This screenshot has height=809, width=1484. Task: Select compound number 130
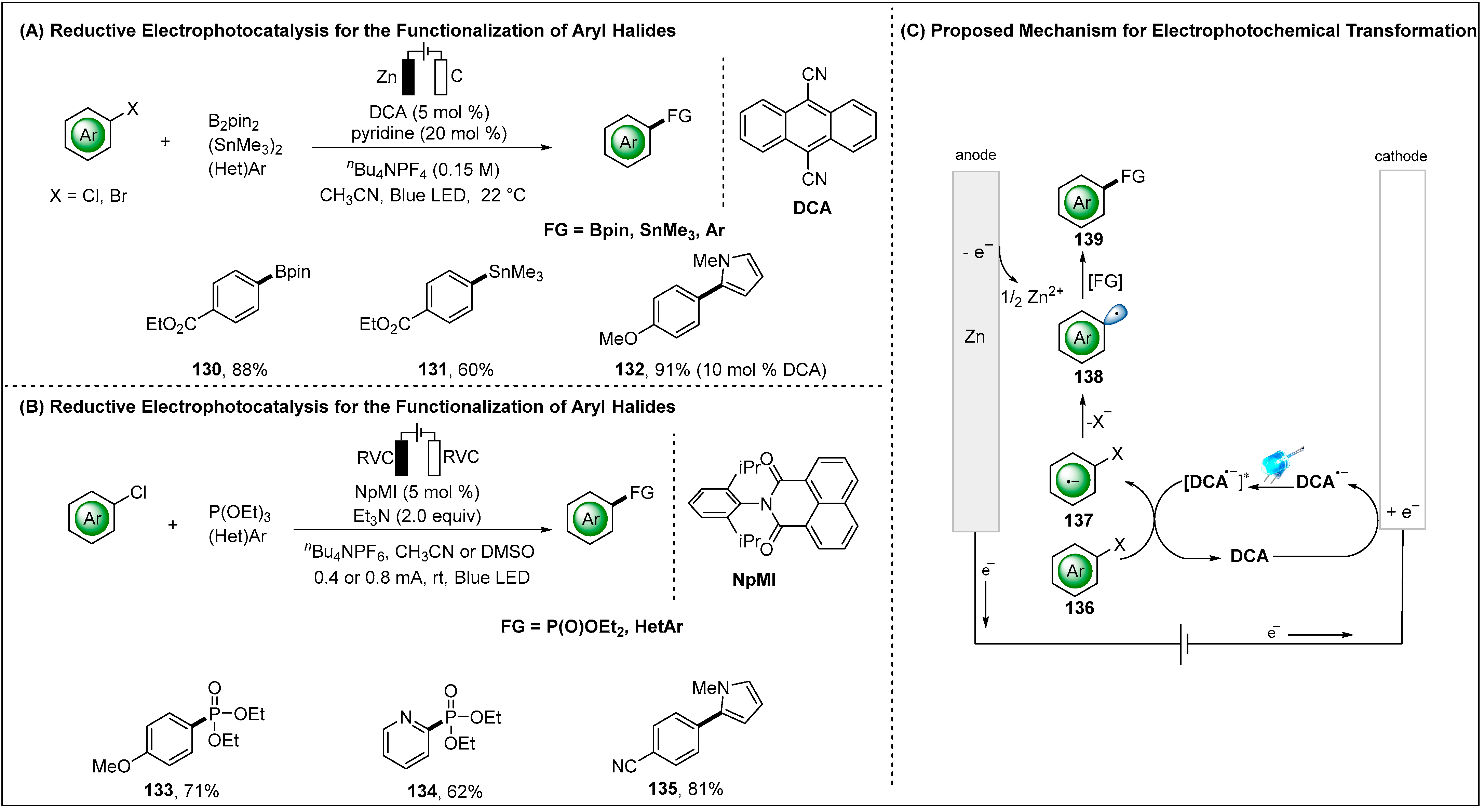[x=206, y=369]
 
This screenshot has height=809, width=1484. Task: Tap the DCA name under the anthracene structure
[x=812, y=208]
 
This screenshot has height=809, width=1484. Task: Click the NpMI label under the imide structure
[x=754, y=580]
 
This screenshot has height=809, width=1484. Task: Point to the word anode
[x=975, y=155]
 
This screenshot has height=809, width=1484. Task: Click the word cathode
[x=1401, y=156]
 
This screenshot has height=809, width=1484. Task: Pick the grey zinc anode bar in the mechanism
[x=975, y=403]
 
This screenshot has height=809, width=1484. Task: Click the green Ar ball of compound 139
[x=1081, y=202]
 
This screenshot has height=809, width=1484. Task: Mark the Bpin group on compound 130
[x=293, y=271]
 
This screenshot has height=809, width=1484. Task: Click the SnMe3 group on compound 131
[x=516, y=272]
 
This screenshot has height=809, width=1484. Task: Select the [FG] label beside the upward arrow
[x=1105, y=281]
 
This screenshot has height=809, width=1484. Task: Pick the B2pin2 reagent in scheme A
[x=233, y=122]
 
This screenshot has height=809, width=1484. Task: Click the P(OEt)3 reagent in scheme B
[x=239, y=512]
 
